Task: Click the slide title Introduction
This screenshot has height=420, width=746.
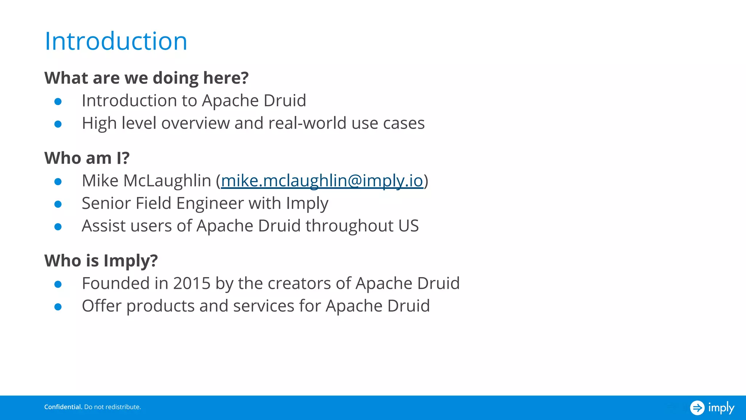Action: (x=116, y=41)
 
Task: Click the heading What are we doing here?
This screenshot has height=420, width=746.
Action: (x=146, y=78)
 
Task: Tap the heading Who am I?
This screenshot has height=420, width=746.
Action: (x=87, y=158)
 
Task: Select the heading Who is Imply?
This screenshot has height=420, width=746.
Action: (x=101, y=261)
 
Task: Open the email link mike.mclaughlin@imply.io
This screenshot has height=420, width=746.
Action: (x=322, y=181)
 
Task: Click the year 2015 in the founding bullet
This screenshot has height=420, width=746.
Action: (x=192, y=284)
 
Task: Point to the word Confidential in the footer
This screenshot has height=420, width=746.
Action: (x=63, y=407)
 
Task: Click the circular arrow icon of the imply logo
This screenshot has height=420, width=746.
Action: (x=697, y=408)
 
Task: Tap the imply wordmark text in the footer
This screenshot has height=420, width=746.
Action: (x=721, y=408)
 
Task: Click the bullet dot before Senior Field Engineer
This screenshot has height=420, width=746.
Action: (x=58, y=204)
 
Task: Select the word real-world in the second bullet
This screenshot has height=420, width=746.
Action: (x=307, y=123)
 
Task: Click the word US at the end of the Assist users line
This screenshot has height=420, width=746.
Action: (x=408, y=226)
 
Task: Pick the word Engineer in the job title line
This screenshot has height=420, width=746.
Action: (x=210, y=203)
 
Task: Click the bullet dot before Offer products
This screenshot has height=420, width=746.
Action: (x=58, y=307)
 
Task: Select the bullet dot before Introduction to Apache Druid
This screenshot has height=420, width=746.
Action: (x=58, y=101)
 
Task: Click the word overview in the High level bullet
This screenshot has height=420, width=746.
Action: (x=195, y=123)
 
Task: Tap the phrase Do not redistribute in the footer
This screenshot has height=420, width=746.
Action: (x=112, y=407)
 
